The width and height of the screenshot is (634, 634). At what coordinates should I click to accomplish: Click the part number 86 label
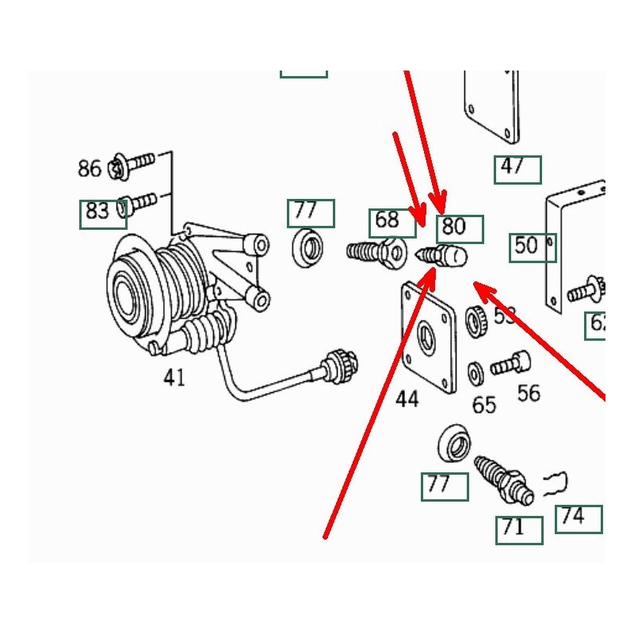(89, 168)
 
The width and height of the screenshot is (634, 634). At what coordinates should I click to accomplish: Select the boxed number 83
(98, 212)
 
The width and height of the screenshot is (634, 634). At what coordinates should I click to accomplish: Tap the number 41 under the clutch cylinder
(174, 378)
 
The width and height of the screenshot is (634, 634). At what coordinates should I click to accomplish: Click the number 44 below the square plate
(407, 399)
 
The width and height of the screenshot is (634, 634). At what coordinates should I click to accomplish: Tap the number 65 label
(483, 405)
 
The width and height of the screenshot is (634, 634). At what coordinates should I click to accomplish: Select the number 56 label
(529, 392)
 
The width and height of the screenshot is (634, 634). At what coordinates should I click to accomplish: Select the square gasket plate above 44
(428, 337)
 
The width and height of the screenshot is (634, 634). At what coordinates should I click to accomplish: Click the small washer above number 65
(477, 372)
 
